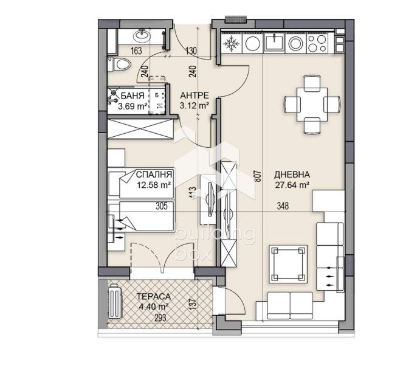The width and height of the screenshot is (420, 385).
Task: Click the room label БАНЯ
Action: point(133,95)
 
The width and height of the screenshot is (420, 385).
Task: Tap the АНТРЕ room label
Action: point(195,95)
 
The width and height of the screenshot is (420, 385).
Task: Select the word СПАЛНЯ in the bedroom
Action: point(154,175)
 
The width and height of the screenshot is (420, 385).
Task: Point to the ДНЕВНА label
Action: point(292,175)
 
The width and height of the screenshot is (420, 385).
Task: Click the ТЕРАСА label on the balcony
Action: point(154,297)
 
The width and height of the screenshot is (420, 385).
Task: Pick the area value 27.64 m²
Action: point(292,185)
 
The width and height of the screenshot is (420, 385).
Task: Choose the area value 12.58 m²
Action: point(154,185)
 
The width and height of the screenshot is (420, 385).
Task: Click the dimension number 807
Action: point(258,176)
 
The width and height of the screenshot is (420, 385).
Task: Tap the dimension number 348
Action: point(283,206)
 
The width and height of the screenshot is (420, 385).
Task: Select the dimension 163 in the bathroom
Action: point(136,50)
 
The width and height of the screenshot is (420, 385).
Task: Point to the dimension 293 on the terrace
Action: point(160,318)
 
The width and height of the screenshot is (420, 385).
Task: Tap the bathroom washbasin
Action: point(142,36)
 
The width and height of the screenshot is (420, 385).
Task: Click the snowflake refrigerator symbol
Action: point(230,43)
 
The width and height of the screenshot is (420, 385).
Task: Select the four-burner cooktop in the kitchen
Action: point(317,43)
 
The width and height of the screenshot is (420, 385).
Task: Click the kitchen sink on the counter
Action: point(274,42)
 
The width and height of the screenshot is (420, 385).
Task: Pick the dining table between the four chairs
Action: point(312,105)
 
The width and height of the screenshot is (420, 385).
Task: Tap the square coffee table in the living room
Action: point(288,263)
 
